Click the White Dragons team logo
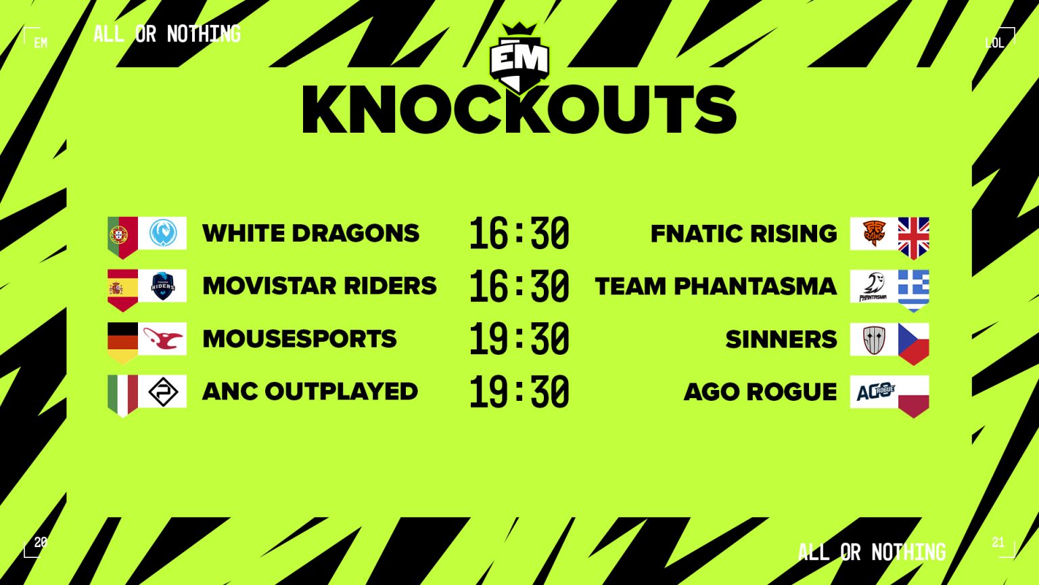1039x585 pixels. tap(163, 233)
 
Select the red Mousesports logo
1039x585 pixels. tap(163, 339)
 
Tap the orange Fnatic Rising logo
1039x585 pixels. tap(874, 233)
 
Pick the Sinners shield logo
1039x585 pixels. tap(874, 339)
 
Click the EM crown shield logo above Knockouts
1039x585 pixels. tap(519, 58)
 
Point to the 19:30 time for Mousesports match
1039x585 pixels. tap(519, 339)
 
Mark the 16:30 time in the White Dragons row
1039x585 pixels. tap(519, 233)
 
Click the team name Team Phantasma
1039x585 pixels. tap(716, 286)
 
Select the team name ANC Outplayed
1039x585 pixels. tap(310, 391)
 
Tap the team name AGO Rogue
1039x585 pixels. tap(760, 392)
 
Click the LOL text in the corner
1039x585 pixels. tap(994, 43)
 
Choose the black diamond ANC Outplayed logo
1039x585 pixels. tap(163, 392)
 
